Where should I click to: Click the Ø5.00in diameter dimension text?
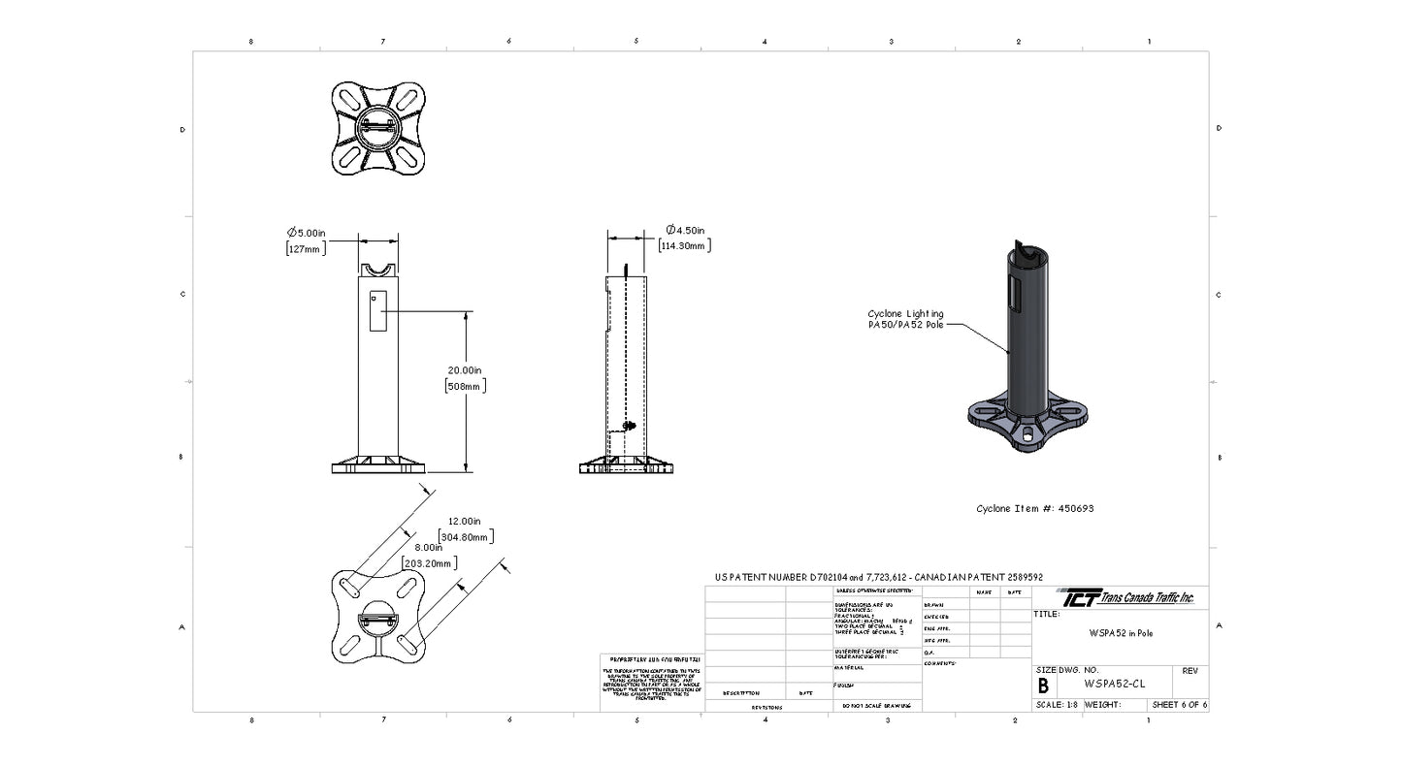pos(306,233)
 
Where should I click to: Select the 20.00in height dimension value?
pos(465,369)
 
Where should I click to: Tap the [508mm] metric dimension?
pos(465,386)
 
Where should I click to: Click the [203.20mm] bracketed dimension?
pos(428,563)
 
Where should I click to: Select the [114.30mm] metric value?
pos(684,246)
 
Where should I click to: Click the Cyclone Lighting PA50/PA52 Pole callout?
pos(904,319)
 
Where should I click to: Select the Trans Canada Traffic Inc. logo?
pos(1125,597)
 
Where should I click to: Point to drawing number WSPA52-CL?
pos(1115,684)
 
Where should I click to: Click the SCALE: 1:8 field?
pos(1057,705)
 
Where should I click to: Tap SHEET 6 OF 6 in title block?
pos(1179,705)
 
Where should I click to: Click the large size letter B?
pos(1043,686)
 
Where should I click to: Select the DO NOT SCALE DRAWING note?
pos(876,706)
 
